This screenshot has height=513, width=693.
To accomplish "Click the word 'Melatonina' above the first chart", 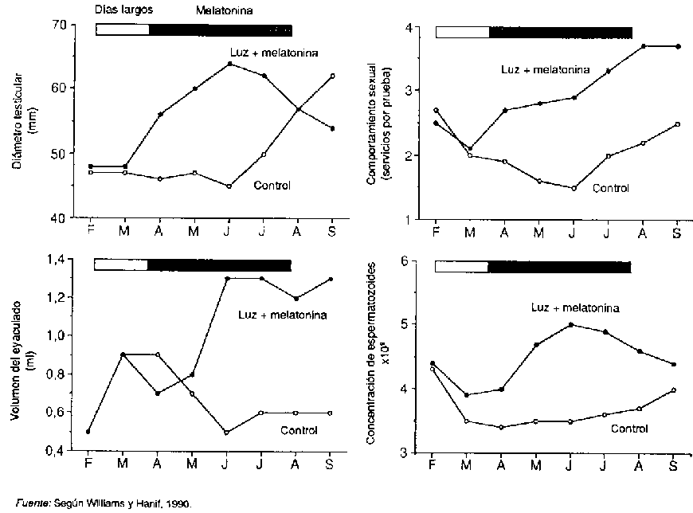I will (x=221, y=10).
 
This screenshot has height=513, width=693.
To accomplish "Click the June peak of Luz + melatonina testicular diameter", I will (x=229, y=64).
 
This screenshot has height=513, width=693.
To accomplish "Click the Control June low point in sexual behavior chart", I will (x=574, y=188).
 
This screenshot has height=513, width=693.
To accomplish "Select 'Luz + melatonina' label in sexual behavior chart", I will (x=546, y=69).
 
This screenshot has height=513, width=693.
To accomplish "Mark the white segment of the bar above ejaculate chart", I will (x=121, y=264).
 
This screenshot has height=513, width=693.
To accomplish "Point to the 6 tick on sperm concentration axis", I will (x=405, y=261).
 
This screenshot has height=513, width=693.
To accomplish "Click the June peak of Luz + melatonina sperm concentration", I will (x=571, y=324).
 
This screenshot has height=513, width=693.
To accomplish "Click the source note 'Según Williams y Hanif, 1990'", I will (x=112, y=503).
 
